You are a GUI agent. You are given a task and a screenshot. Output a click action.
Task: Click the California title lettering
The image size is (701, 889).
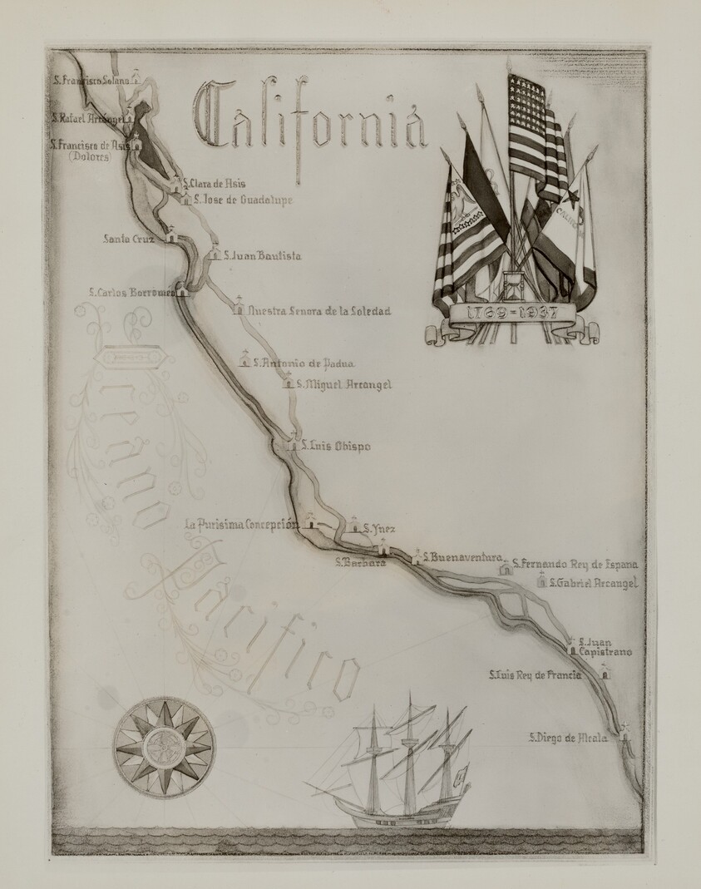click(309, 125)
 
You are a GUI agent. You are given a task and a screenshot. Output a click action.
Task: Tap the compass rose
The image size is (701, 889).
click(164, 746)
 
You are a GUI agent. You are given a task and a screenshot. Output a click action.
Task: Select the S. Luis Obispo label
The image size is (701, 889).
click(336, 447)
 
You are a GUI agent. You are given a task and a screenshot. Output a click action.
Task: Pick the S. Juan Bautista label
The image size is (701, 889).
click(262, 255)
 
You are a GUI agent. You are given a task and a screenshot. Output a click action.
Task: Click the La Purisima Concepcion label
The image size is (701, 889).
click(240, 524)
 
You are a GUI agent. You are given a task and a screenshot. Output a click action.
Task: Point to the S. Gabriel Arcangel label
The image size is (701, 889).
click(593, 584)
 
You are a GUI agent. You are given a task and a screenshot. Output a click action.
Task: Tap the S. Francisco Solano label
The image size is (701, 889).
click(91, 81)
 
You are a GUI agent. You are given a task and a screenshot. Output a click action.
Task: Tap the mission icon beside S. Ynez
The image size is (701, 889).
click(353, 525)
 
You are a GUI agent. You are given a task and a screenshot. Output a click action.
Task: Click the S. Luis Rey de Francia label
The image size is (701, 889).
click(534, 674)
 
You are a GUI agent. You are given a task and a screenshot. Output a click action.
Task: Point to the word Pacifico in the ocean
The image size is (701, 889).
click(258, 624)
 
